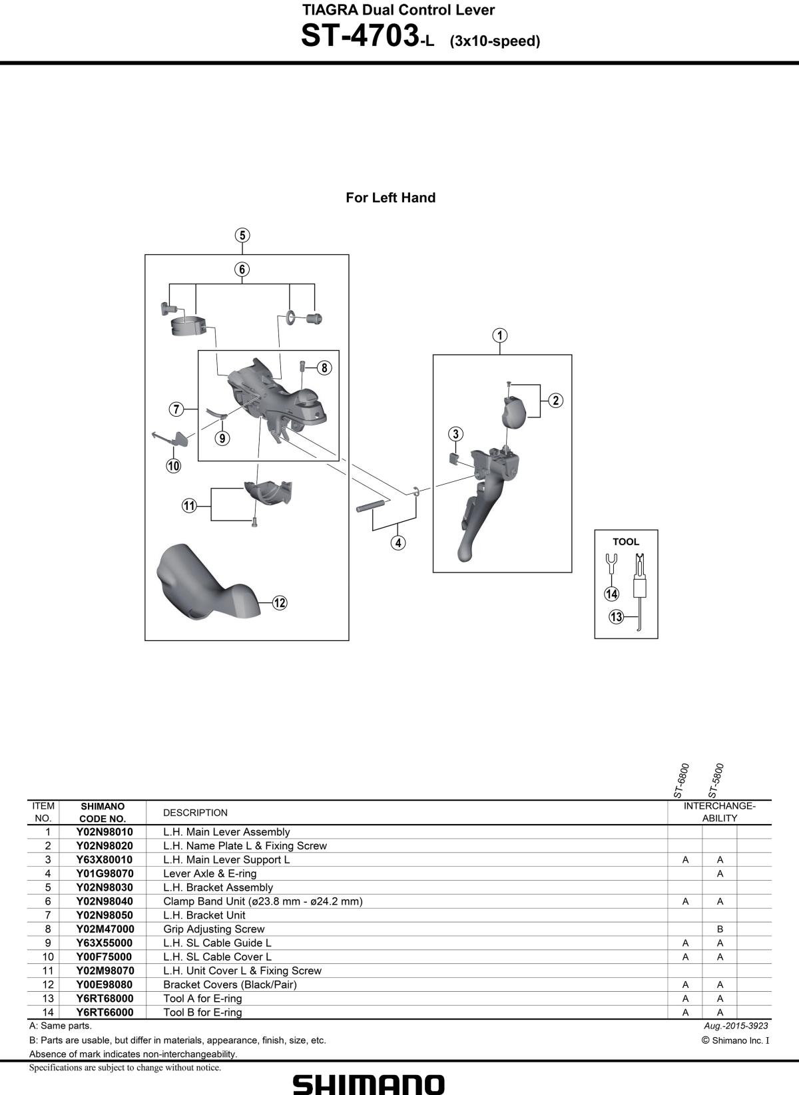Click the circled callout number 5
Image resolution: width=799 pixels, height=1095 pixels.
click(242, 235)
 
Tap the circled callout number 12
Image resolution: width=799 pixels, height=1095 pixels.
click(279, 602)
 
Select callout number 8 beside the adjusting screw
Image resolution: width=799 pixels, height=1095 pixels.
click(324, 367)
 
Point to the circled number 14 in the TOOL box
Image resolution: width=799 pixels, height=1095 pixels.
click(612, 594)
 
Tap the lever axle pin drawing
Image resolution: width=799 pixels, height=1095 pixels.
click(373, 505)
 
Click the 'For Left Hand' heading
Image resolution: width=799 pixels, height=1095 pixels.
click(390, 198)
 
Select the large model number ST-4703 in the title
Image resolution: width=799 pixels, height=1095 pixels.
click(360, 36)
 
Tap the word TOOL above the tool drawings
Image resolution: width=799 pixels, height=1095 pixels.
click(626, 542)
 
